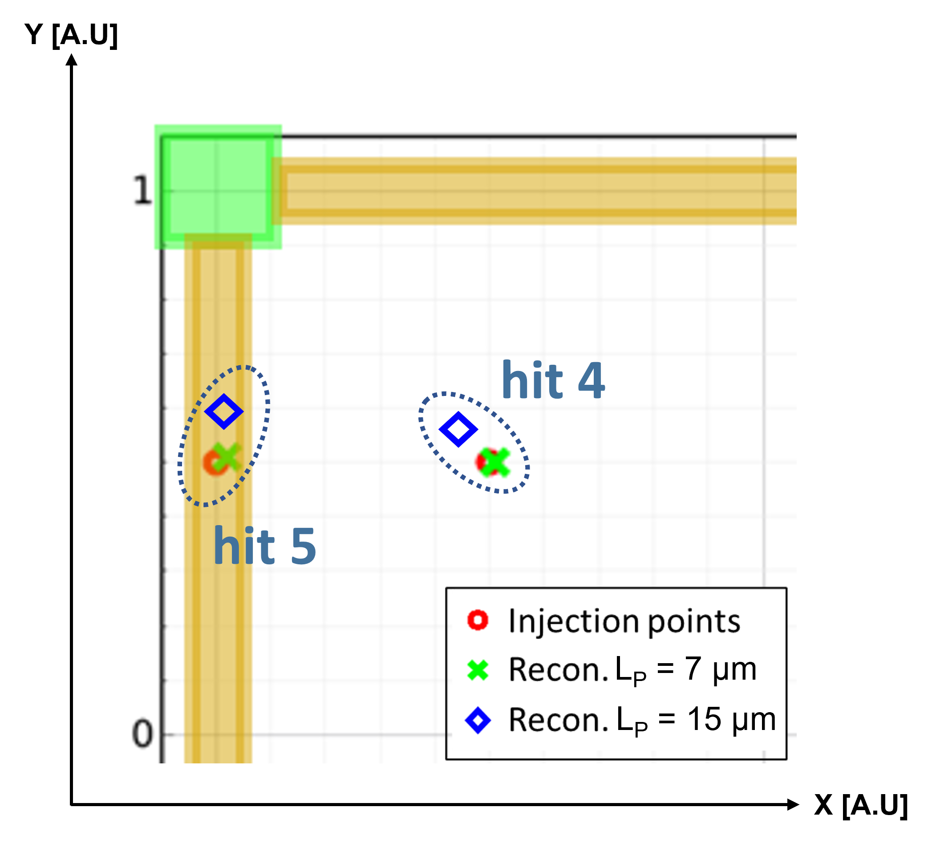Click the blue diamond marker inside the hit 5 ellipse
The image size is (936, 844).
click(224, 412)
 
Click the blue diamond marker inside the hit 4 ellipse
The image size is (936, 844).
click(458, 429)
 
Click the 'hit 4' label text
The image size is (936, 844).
click(553, 380)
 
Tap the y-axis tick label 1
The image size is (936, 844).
click(143, 190)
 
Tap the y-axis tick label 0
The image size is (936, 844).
click(142, 734)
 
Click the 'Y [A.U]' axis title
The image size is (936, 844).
click(71, 35)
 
